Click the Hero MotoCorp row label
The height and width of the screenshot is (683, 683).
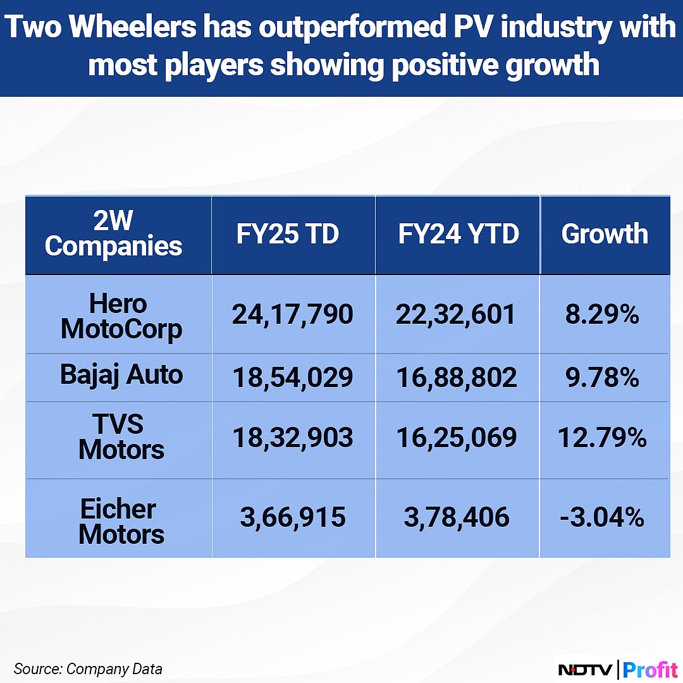coord(118,316)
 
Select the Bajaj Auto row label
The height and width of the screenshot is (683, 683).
coord(121,374)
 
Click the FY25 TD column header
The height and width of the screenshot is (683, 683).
coord(288,234)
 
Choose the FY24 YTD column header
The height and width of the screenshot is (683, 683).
coord(458,234)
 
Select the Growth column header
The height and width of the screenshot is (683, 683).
coord(604,234)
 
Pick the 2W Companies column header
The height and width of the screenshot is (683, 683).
coord(114,234)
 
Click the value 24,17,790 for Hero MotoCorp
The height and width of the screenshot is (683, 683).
coord(292,314)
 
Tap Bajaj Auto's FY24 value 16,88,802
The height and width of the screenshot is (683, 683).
coord(457,378)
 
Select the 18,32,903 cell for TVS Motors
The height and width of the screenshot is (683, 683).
coord(292,438)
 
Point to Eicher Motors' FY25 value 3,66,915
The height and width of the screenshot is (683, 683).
coord(292,518)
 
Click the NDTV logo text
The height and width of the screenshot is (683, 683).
coord(587,669)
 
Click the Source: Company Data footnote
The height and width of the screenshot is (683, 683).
coord(88,668)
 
